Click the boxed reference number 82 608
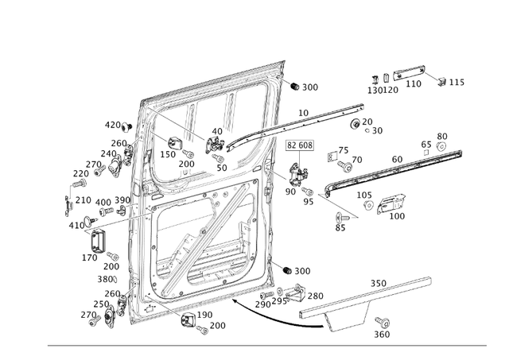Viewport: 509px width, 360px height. tap(300, 145)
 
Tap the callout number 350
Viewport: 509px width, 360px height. tap(378, 283)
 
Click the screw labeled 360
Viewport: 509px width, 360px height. tap(383, 322)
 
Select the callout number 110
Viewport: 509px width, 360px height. tap(414, 83)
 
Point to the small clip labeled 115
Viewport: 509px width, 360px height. tap(441, 79)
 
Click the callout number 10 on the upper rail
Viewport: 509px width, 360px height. tap(303, 114)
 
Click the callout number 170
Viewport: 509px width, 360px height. tap(90, 257)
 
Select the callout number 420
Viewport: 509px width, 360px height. tap(112, 125)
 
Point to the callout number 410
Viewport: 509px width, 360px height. tap(76, 226)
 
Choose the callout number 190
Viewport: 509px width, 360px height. tap(204, 315)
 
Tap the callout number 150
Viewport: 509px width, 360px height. tap(169, 154)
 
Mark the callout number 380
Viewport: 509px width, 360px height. tap(105, 279)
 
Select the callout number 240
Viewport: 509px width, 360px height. tap(108, 154)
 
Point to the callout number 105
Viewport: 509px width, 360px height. tap(363, 195)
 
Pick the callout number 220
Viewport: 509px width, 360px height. tap(80, 173)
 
